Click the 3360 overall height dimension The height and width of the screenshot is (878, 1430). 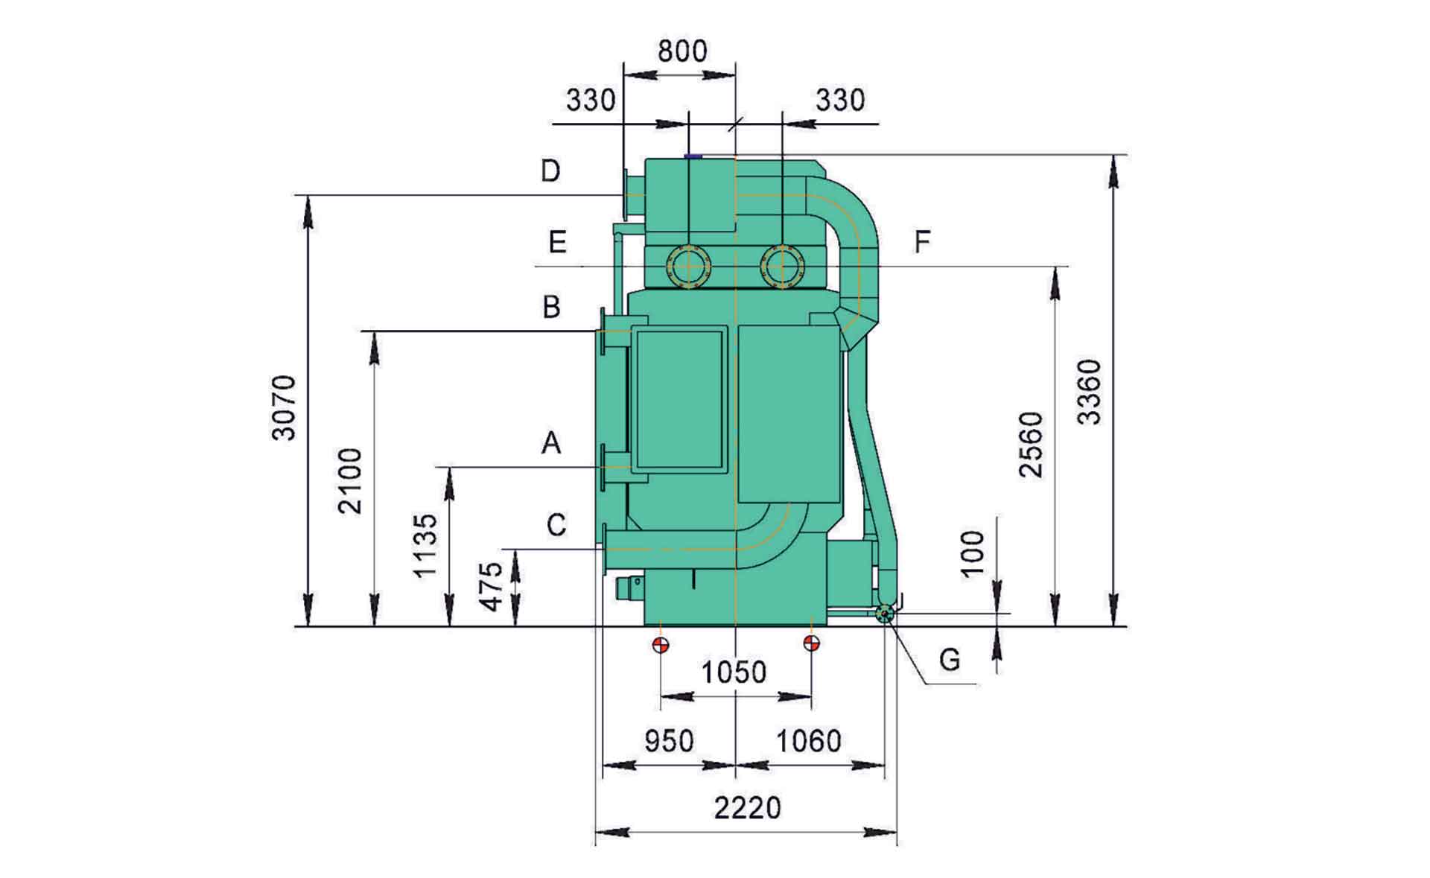pyautogui.click(x=1090, y=392)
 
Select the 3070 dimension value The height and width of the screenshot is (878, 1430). pyautogui.click(x=284, y=408)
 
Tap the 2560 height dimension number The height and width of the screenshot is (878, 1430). pyautogui.click(x=1032, y=445)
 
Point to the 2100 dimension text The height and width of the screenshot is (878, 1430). pyautogui.click(x=349, y=481)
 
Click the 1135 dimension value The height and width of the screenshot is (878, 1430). pyautogui.click(x=426, y=545)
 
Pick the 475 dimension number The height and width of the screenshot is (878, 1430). pyautogui.click(x=492, y=587)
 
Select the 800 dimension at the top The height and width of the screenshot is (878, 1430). pyautogui.click(x=682, y=51)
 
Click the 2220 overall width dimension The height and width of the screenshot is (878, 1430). pyautogui.click(x=748, y=807)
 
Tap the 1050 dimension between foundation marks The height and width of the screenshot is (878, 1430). pyautogui.click(x=734, y=672)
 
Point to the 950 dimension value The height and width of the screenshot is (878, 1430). pyautogui.click(x=669, y=741)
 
